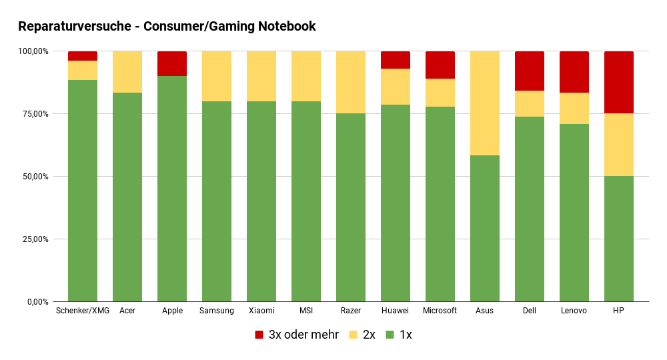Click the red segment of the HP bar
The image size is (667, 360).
tap(618, 82)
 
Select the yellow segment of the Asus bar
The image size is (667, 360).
tap(484, 103)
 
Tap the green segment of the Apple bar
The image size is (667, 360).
tap(171, 189)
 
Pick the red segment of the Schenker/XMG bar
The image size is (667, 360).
tap(82, 56)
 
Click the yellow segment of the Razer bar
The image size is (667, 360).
tap(350, 82)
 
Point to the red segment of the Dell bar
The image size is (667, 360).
tap(529, 71)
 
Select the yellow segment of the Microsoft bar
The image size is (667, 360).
tap(440, 93)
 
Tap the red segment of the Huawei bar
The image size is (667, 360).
tap(395, 60)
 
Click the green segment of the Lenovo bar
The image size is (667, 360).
tap(574, 213)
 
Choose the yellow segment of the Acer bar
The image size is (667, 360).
tap(127, 72)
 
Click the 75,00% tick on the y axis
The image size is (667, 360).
tap(33, 114)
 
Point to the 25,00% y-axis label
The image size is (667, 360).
tap(33, 239)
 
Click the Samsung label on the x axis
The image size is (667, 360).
tap(216, 311)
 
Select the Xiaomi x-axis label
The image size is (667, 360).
tap(261, 311)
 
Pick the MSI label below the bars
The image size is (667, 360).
tap(305, 311)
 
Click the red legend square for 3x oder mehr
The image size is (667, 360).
tap(259, 335)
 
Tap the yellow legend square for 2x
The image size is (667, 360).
tap(354, 335)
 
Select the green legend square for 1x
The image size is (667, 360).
tap(390, 335)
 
